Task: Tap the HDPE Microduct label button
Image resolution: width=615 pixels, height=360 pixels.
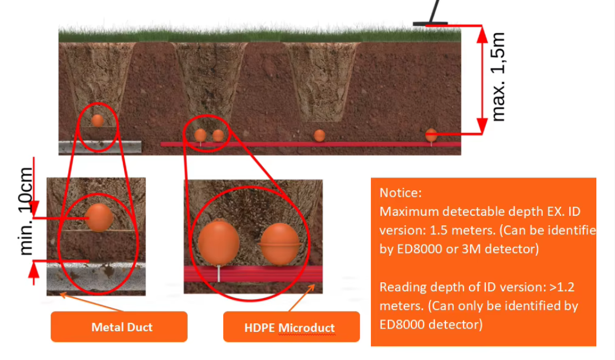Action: tap(291, 327)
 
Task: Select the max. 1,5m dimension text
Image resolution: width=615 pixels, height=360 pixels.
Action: tap(498, 77)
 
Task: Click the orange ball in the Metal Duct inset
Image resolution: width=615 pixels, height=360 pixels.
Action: tap(100, 217)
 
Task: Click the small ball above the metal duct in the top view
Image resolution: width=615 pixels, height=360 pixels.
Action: tap(98, 121)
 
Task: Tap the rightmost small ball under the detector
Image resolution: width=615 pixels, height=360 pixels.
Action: tap(431, 135)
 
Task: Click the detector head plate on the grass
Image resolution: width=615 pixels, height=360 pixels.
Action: tap(430, 24)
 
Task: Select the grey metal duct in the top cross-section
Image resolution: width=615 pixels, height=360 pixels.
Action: tap(99, 146)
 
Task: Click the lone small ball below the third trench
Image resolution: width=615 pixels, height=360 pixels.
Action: tap(320, 135)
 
